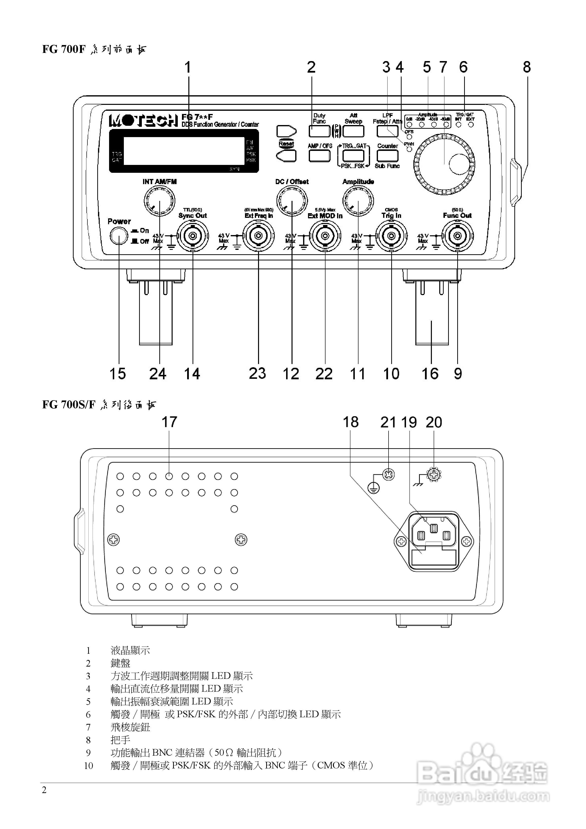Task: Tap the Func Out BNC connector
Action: [457, 236]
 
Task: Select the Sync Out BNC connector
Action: [193, 236]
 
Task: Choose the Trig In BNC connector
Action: [391, 236]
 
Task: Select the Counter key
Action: [387, 155]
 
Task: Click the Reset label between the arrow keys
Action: [286, 144]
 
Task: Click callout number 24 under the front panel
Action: [158, 374]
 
